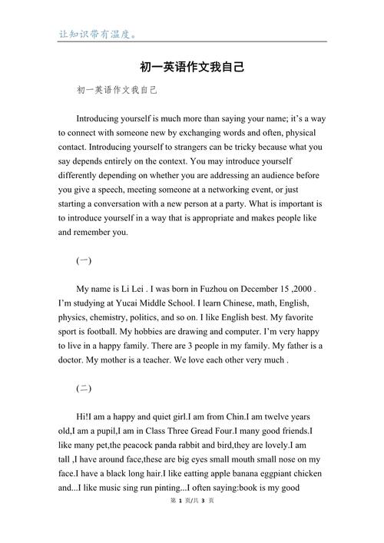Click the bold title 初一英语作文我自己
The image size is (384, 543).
coord(192,67)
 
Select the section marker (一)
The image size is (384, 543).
coord(84,260)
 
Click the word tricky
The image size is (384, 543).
coord(245,147)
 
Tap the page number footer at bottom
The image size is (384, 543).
coord(191,521)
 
